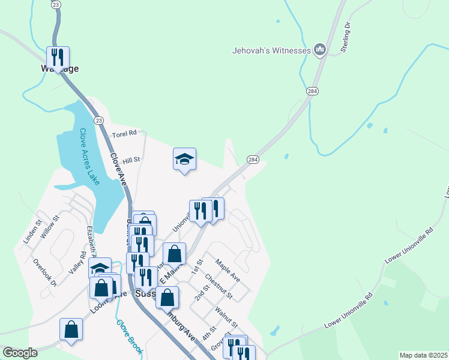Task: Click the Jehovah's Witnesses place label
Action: pyautogui.click(x=271, y=50)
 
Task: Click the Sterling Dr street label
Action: pyautogui.click(x=346, y=37)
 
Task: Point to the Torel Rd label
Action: pyautogui.click(x=124, y=133)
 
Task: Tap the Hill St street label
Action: pyautogui.click(x=131, y=160)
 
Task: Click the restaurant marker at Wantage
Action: pyautogui.click(x=58, y=57)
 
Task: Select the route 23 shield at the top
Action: pyautogui.click(x=56, y=4)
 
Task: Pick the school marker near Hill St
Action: pyautogui.click(x=184, y=159)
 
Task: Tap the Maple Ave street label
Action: pyautogui.click(x=228, y=271)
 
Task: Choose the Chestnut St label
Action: pyautogui.click(x=218, y=286)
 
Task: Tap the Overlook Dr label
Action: pyautogui.click(x=45, y=272)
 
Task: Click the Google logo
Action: pyautogui.click(x=20, y=352)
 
